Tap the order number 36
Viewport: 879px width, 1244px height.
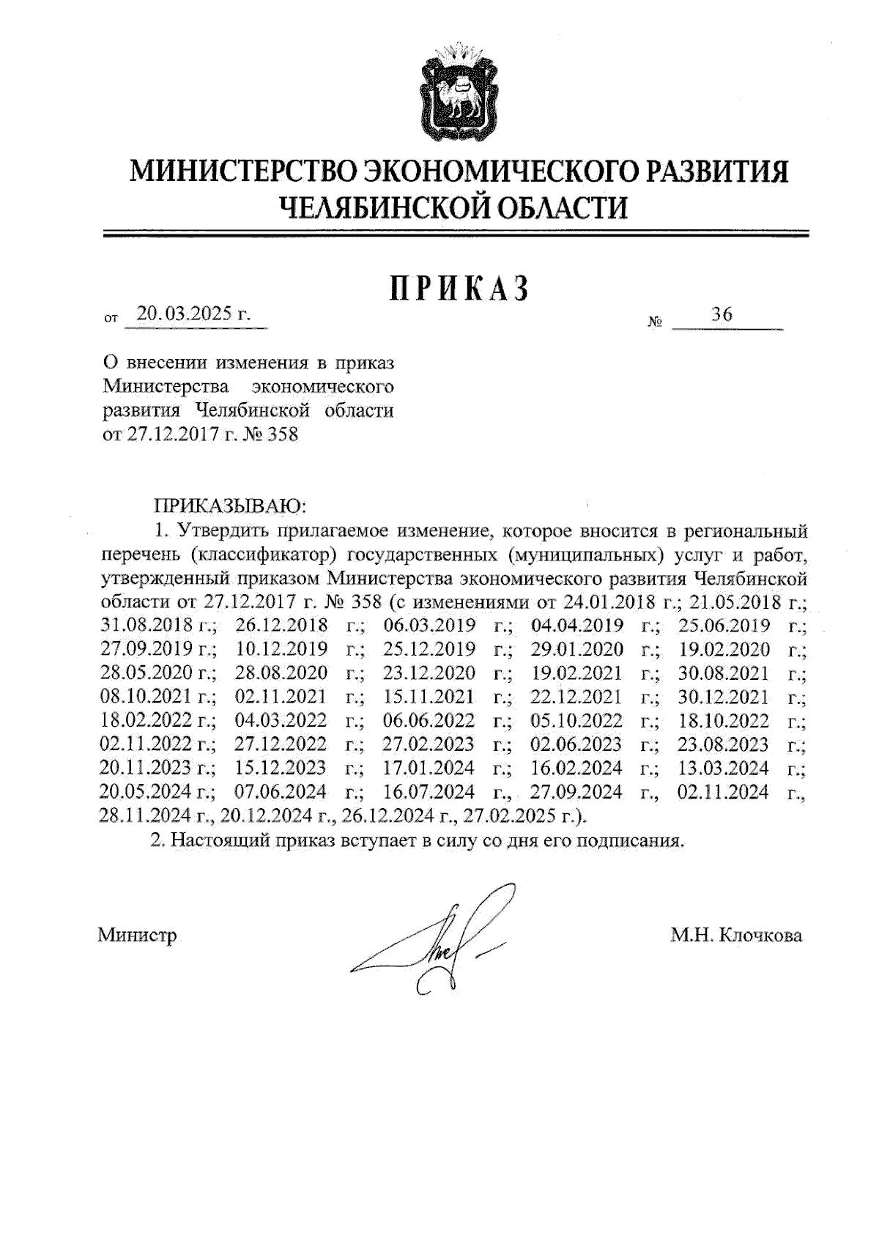722,315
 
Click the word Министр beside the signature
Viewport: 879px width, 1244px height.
138,936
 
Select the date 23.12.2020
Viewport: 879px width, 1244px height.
428,673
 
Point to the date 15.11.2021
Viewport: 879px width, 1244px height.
428,697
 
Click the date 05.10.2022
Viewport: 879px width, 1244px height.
576,721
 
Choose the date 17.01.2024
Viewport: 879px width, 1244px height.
428,769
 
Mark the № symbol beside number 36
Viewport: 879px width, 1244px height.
655,322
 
